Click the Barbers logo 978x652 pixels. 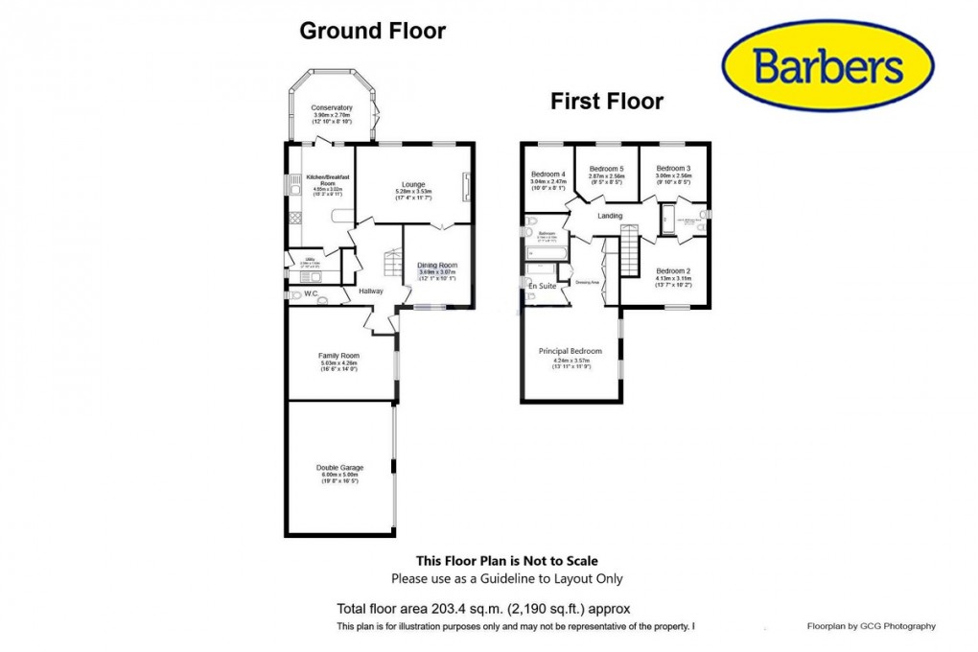coord(827,65)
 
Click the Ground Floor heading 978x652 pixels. coord(372,31)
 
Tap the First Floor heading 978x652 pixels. coord(606,101)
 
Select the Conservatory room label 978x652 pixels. coord(332,107)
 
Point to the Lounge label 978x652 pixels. coord(414,184)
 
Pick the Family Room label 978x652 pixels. coord(338,356)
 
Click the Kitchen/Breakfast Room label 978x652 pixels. coord(327,179)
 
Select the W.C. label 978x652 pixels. coord(310,294)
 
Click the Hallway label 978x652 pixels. coord(370,291)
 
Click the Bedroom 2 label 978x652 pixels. coord(673,270)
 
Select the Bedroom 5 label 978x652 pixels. coord(607,168)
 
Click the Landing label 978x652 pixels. coord(610,216)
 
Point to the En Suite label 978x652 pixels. coord(543,286)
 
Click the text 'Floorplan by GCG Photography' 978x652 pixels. coord(871,626)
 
